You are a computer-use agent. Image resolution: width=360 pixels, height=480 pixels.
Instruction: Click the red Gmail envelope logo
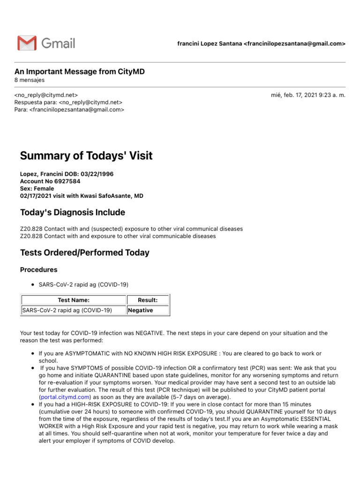[x=27, y=43]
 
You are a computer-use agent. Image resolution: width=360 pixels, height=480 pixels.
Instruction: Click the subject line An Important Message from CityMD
[x=80, y=72]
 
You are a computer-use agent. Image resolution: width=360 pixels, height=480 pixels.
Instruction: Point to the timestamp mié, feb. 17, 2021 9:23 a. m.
[x=308, y=95]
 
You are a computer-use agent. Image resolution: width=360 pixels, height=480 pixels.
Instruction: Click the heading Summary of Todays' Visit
[x=86, y=156]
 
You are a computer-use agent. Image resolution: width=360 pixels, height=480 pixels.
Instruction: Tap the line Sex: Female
[x=37, y=188]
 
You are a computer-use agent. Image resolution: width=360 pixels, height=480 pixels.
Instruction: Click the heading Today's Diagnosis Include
[x=73, y=212]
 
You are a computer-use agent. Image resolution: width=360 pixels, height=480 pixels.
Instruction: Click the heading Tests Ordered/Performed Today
[x=85, y=253]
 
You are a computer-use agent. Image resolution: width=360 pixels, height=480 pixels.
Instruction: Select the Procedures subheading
[x=39, y=270]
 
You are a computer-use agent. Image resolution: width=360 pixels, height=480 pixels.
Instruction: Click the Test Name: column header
[x=74, y=300]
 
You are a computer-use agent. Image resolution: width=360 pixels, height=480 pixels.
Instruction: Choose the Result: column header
[x=148, y=300]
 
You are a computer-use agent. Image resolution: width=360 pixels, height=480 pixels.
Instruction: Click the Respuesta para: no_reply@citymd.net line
[x=68, y=102]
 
